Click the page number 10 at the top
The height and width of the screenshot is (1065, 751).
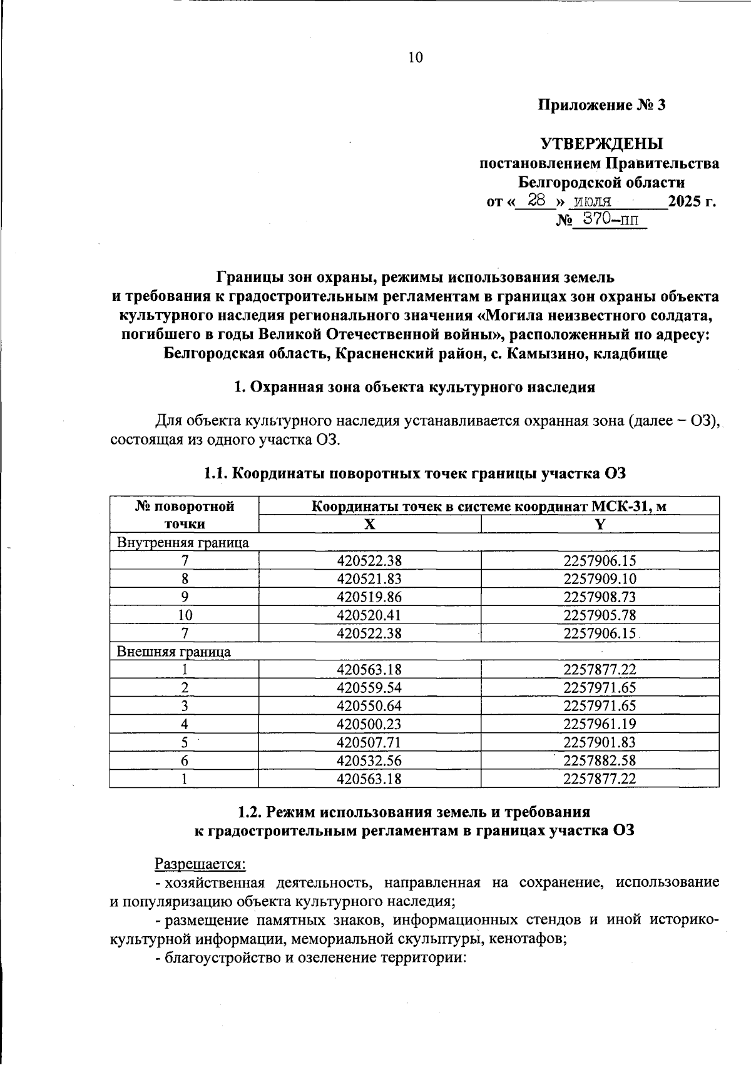pos(416,58)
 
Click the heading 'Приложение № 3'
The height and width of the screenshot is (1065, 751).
pos(601,105)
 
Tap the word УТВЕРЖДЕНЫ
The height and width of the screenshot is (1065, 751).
pos(601,144)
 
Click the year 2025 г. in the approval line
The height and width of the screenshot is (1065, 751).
pos(692,201)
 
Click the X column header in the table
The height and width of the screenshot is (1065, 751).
pos(370,525)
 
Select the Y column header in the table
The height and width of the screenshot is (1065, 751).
pos(600,525)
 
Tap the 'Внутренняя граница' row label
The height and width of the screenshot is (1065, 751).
pos(183,543)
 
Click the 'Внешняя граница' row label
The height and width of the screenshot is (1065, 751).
pos(174,652)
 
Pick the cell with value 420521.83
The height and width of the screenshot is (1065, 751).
pos(369,579)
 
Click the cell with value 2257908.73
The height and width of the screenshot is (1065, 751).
pos(600,597)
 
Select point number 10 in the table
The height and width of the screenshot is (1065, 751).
pos(185,615)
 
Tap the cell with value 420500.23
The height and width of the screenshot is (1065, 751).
pos(369,724)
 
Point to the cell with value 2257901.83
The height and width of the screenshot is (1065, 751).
pos(600,742)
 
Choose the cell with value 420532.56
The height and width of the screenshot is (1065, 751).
pos(369,760)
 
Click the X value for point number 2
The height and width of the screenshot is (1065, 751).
pos(369,688)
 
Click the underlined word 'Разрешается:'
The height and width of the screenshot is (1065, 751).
pos(200,864)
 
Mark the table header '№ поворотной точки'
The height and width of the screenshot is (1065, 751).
pos(185,515)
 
